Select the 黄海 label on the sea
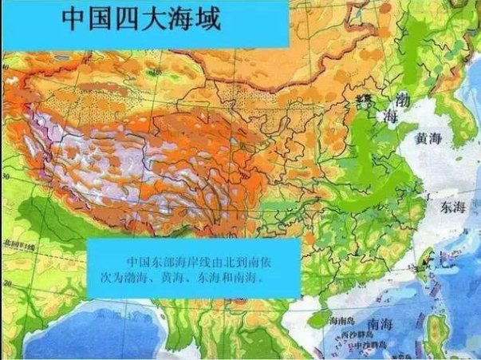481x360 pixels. pos(429,139)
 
